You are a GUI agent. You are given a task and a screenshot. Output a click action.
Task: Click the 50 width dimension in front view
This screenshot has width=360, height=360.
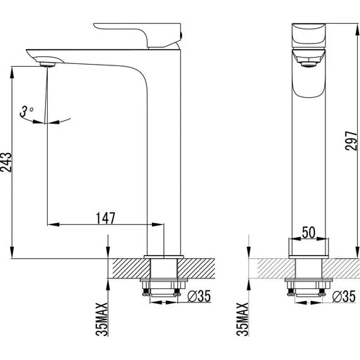coord(309,231)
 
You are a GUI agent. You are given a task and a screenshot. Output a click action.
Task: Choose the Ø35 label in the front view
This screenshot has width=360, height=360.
coord(342,299)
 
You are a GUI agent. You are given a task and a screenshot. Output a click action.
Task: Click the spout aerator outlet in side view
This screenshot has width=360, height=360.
coord(48,64)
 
